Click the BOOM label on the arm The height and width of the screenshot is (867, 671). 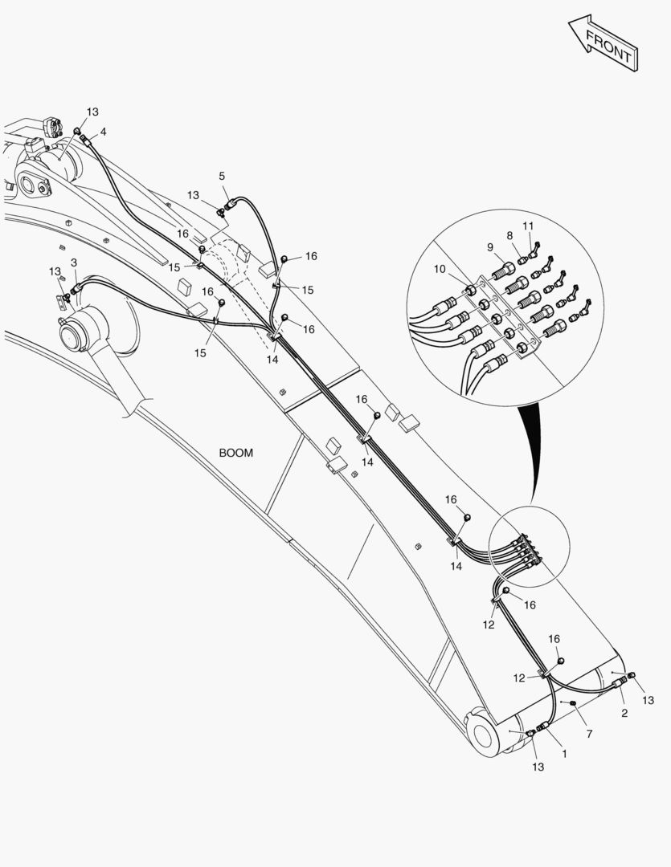coord(235,453)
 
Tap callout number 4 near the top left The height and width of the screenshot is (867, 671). coord(103,132)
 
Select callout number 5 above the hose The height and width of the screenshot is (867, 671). coord(222,177)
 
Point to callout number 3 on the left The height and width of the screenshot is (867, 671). coord(74,263)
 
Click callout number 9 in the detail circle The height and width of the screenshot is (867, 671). coord(490,247)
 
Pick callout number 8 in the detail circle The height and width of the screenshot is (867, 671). coord(510,235)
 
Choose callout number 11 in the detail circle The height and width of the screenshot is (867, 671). coord(528,226)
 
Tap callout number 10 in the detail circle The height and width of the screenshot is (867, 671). coord(440,269)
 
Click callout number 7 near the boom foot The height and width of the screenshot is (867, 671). coord(589,734)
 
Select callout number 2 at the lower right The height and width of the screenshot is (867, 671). coord(624,714)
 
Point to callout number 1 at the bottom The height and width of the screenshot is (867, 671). coord(564,754)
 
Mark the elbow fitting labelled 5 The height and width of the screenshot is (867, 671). coord(229,206)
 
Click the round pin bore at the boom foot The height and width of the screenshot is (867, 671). coord(483,735)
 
